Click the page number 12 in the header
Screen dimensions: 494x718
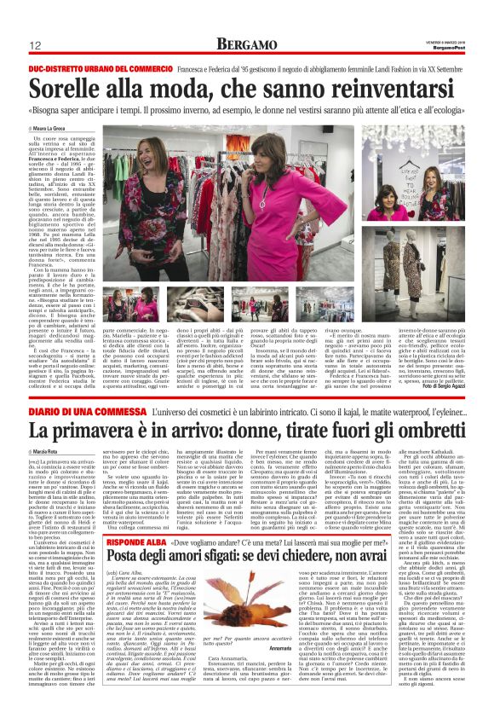(35, 45)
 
